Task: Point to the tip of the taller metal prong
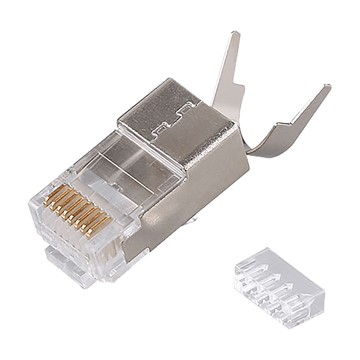[235, 37]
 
